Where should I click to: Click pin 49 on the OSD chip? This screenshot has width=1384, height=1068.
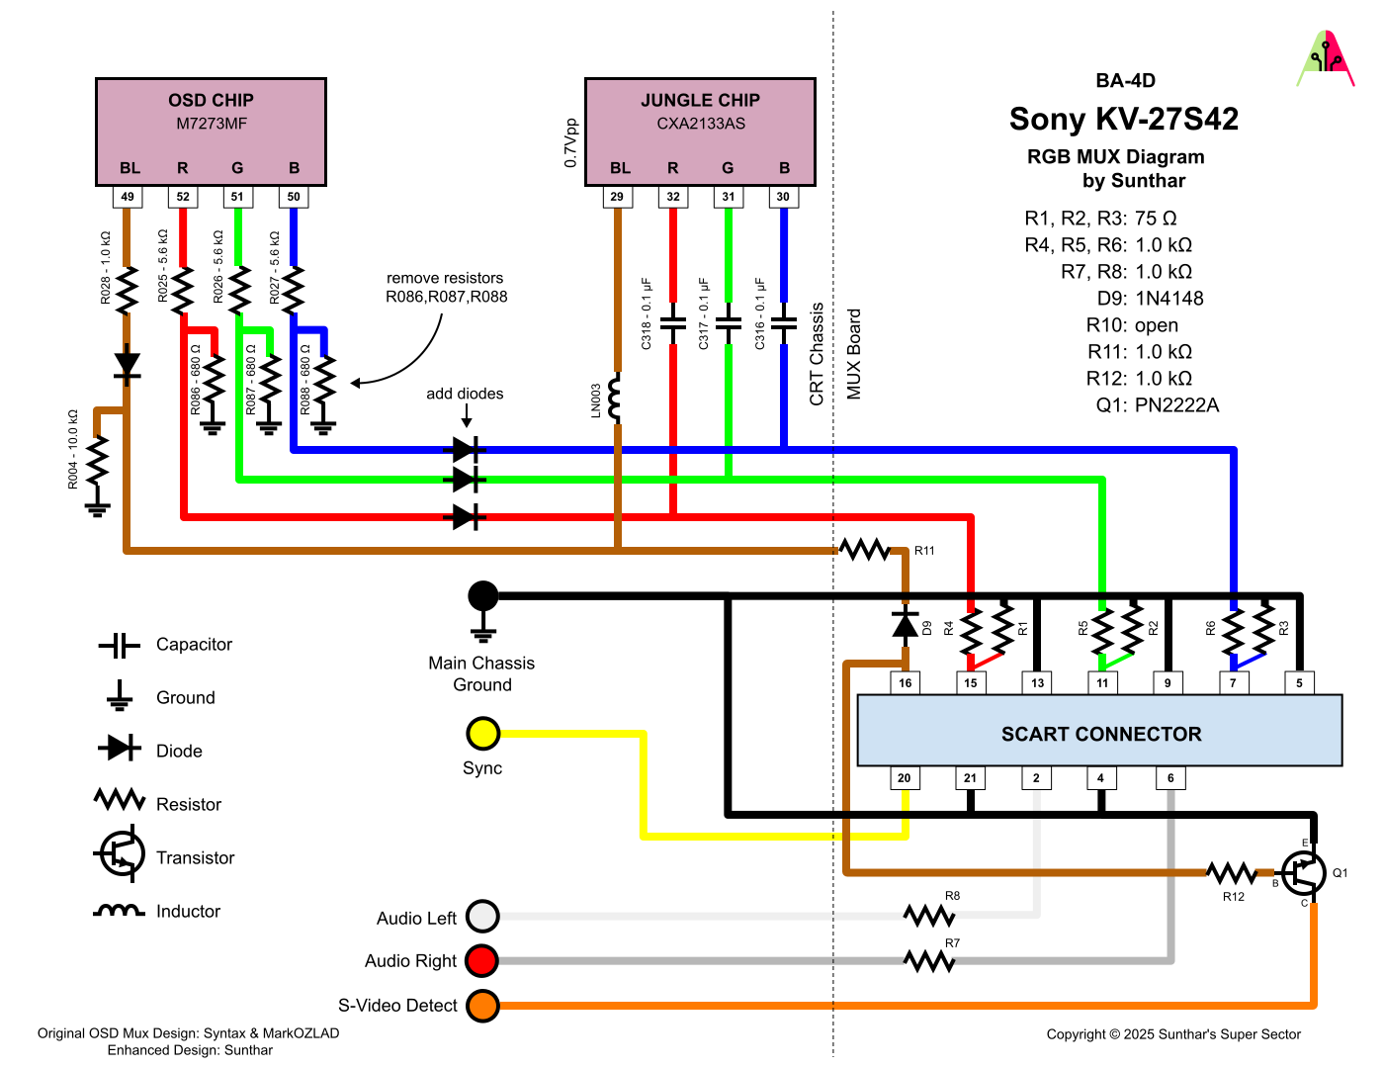pos(128,197)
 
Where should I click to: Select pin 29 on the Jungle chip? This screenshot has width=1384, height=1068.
pos(617,197)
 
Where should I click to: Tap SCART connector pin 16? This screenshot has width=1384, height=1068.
pos(905,682)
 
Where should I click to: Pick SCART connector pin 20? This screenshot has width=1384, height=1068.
pos(904,778)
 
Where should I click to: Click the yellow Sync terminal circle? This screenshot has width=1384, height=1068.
pos(482,734)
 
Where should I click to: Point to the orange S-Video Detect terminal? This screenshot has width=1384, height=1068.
pos(482,1006)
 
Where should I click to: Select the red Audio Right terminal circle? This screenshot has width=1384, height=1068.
pos(482,960)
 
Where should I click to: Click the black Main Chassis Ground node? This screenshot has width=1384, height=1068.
pos(482,596)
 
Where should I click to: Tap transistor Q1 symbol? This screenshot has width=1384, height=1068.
pos(1304,872)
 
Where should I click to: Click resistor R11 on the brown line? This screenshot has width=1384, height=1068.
pos(865,550)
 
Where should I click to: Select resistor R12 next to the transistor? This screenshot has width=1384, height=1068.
pos(1232,873)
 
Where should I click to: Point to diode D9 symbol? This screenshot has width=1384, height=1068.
pos(905,624)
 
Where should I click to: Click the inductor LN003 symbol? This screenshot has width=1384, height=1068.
pos(616,398)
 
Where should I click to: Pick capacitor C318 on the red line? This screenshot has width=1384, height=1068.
pos(673,323)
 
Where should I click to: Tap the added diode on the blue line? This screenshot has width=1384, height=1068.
pos(468,451)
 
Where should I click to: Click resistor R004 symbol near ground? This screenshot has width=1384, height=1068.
pos(97,460)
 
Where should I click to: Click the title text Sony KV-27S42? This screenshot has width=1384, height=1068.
pos(1123,120)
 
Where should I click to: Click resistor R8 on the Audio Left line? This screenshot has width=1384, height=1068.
pos(929,916)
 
